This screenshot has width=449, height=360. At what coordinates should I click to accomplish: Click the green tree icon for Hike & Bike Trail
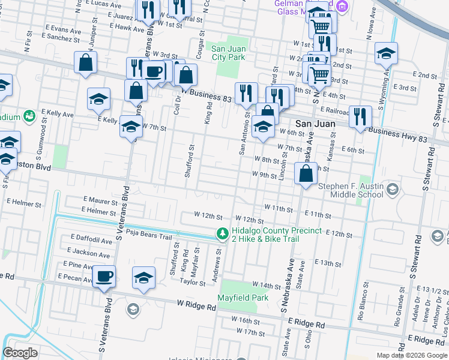(x=222, y=234)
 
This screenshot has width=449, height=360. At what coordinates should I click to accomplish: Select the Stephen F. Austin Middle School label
(x=351, y=190)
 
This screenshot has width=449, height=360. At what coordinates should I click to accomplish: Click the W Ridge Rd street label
(x=196, y=306)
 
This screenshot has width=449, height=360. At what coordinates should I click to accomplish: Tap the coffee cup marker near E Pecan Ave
(x=104, y=277)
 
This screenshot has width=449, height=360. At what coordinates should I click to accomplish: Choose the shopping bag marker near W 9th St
(x=306, y=175)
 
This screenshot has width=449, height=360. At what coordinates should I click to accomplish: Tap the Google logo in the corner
(x=20, y=353)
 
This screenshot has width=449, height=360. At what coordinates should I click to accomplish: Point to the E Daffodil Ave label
(x=91, y=240)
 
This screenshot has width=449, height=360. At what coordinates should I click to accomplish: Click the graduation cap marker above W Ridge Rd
(x=143, y=278)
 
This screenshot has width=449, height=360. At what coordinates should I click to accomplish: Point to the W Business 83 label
(x=206, y=95)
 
